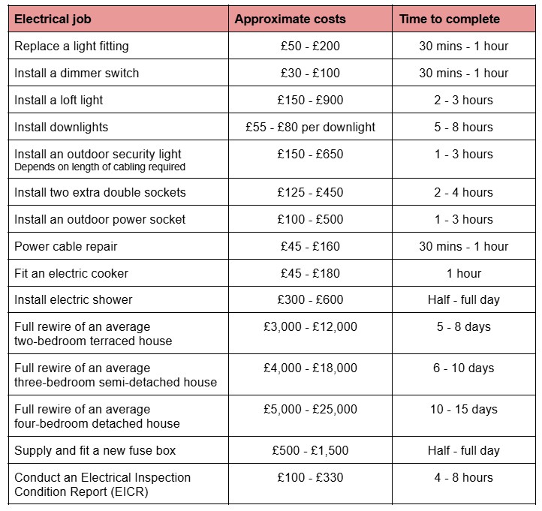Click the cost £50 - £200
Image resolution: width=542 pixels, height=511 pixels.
pyautogui.click(x=309, y=46)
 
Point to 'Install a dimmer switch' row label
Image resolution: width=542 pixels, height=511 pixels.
pyautogui.click(x=77, y=73)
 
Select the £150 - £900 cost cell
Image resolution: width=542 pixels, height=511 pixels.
pyautogui.click(x=309, y=100)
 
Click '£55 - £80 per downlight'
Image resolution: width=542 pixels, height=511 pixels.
pyautogui.click(x=310, y=127)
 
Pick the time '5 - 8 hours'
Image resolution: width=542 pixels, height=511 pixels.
pyautogui.click(x=463, y=127)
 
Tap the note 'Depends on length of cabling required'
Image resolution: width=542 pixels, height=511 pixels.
pyautogui.click(x=100, y=167)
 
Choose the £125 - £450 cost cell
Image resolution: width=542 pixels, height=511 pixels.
pyautogui.click(x=309, y=192)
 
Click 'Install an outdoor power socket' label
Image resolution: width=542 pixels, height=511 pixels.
pyautogui.click(x=100, y=219)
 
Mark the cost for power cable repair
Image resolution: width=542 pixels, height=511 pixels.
pyautogui.click(x=309, y=246)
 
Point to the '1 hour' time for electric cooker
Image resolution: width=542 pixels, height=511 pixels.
pyautogui.click(x=463, y=273)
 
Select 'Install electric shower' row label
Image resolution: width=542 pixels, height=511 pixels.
pyautogui.click(x=74, y=299)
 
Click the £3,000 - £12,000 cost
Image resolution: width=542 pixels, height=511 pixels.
pyautogui.click(x=310, y=326)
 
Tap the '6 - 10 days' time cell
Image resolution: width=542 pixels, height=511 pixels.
pyautogui.click(x=463, y=368)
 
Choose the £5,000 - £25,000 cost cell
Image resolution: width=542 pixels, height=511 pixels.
pyautogui.click(x=310, y=409)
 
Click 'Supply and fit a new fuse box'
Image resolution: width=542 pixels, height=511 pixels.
pyautogui.click(x=95, y=450)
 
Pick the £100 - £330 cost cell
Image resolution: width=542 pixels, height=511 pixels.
pyautogui.click(x=309, y=477)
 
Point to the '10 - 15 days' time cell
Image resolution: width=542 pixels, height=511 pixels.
pyautogui.click(x=463, y=409)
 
